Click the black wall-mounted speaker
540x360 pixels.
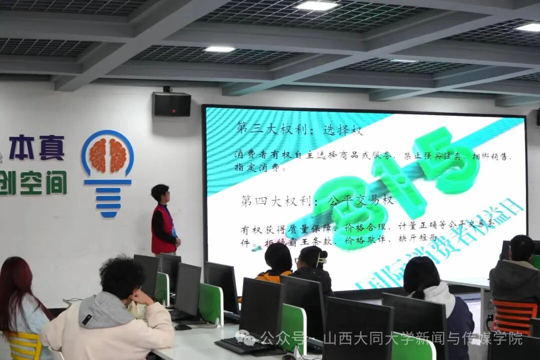171,104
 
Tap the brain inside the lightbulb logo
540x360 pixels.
107,155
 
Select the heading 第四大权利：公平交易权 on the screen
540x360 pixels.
317,201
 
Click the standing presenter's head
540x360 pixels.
160,193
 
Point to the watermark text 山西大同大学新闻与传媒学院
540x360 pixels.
422,339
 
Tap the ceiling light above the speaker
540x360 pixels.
219,49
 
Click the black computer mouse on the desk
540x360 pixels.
182,327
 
